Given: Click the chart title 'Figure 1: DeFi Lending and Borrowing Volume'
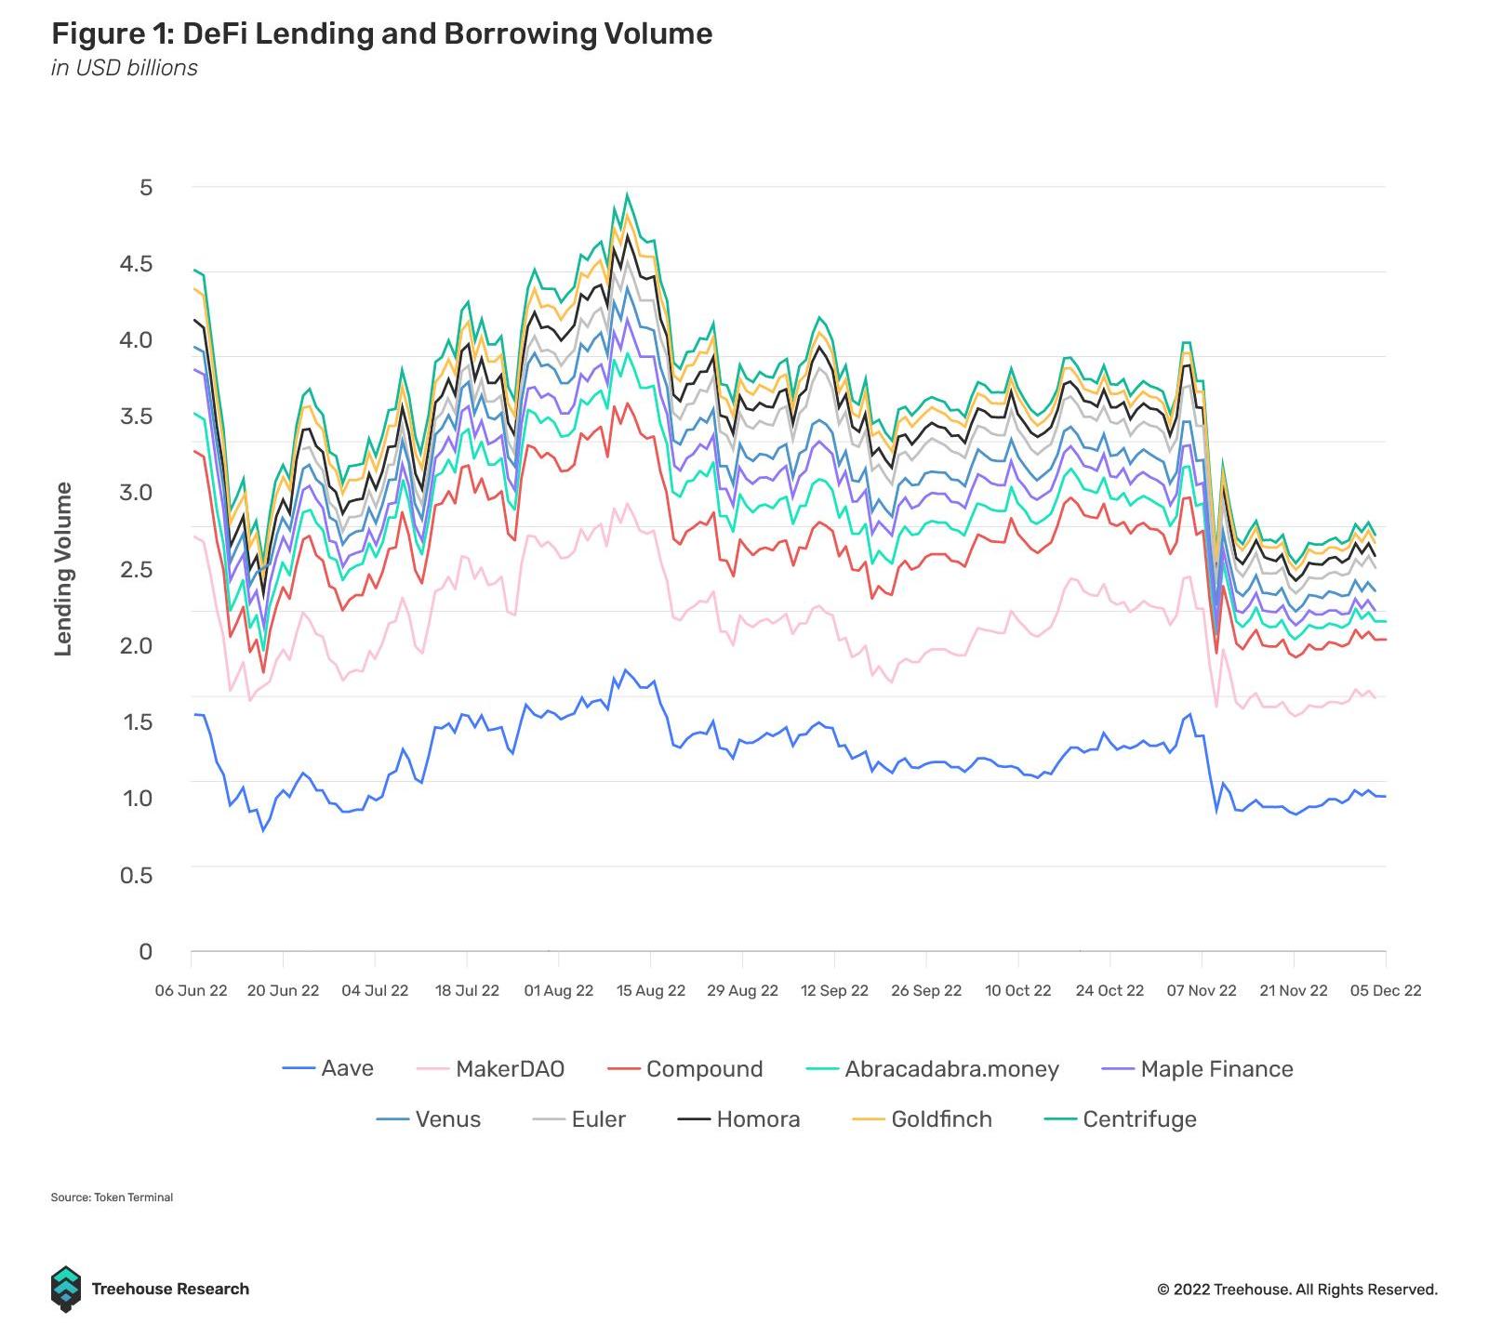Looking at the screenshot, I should point(381,34).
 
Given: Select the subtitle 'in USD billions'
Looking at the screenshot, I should point(125,68).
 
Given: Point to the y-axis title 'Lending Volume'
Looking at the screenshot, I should point(63,569).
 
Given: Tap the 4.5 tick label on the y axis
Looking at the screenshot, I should point(137,264).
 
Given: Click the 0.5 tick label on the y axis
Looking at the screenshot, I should point(136,875).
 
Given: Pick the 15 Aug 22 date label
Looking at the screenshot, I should point(651,990).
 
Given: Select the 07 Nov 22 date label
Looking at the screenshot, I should point(1202,990).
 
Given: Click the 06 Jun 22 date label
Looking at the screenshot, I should point(191,990).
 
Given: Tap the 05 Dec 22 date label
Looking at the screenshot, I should point(1385,990).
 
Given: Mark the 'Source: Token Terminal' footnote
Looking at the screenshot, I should point(112,1197).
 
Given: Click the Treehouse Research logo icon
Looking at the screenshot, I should point(66,1289).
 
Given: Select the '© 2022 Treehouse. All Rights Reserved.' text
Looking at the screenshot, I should point(1296,1290).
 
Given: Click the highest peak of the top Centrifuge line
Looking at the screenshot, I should point(627,194).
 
